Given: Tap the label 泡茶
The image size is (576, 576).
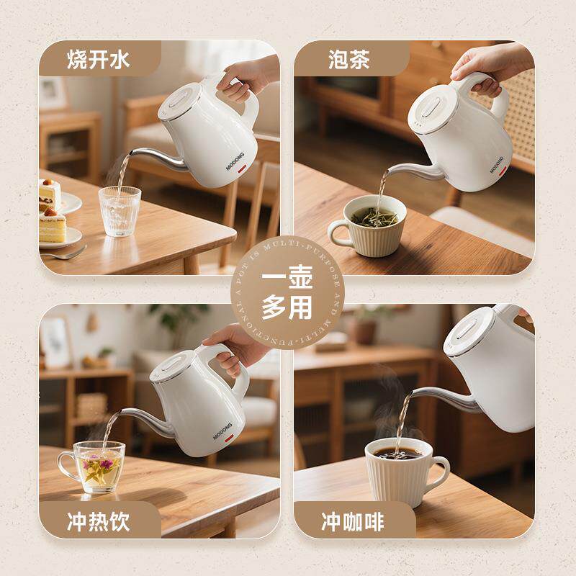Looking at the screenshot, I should click(x=348, y=58).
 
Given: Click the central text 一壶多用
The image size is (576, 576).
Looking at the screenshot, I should click(x=287, y=294).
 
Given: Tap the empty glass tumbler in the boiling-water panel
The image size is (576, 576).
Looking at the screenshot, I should click(x=120, y=210).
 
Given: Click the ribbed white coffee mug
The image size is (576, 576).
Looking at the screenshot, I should click(x=399, y=472).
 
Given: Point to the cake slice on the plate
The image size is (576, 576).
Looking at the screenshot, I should click(x=52, y=224).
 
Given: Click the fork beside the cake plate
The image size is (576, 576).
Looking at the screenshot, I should click(x=65, y=253).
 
